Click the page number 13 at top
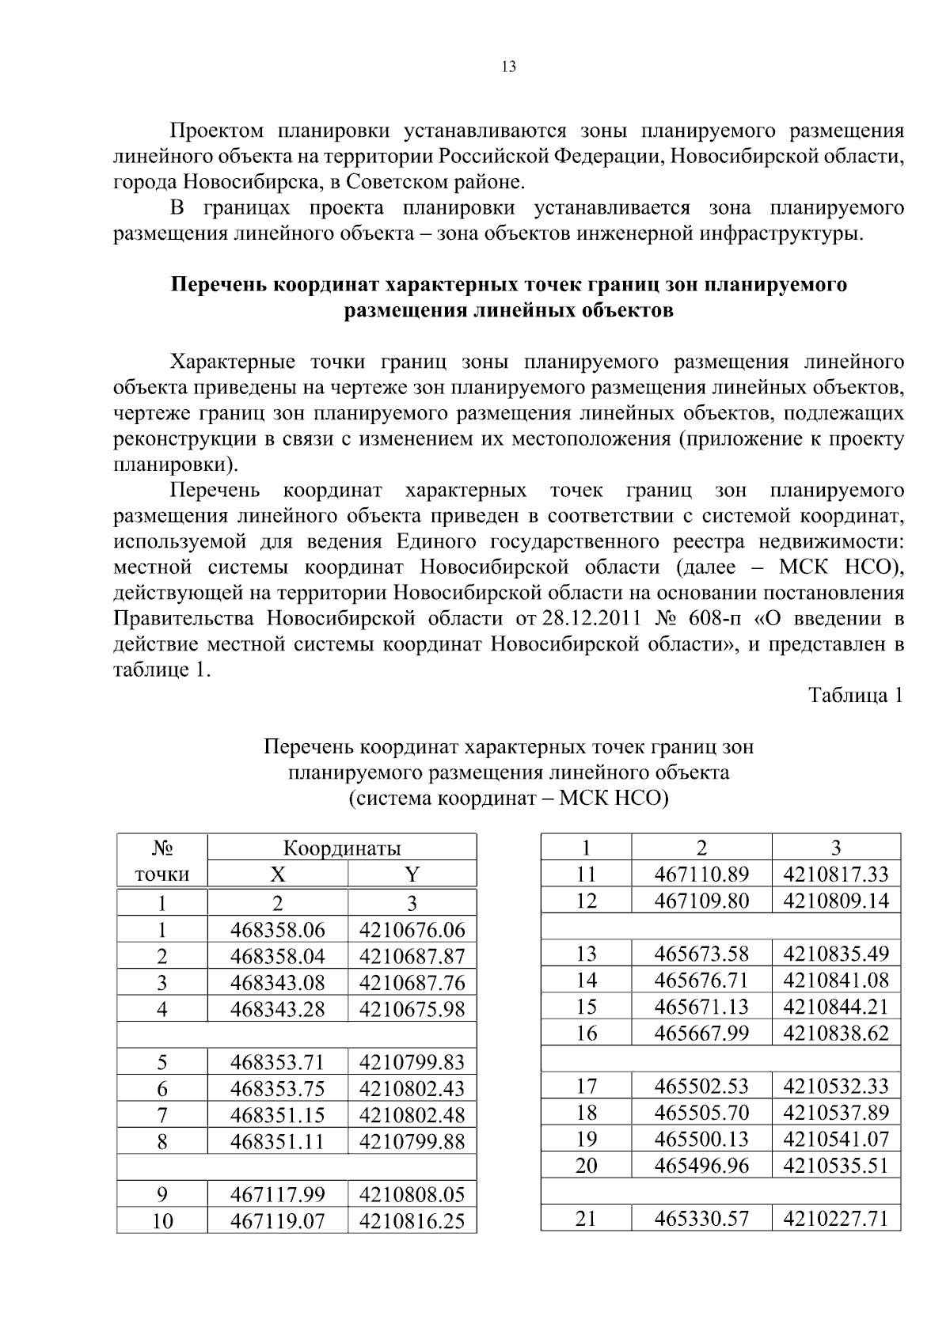click(508, 67)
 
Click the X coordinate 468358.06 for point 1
click(277, 929)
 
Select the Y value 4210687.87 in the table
click(412, 956)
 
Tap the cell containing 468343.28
click(277, 1009)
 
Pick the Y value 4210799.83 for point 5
click(412, 1062)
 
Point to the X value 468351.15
click(277, 1115)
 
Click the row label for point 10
click(162, 1221)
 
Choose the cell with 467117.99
click(277, 1194)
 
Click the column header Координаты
click(342, 848)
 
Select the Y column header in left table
click(412, 874)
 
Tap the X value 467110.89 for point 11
click(701, 874)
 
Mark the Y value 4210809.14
click(836, 901)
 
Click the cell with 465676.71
click(701, 981)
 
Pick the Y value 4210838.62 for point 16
click(836, 1033)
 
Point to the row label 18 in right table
click(586, 1113)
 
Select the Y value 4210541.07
click(836, 1139)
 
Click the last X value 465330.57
click(701, 1219)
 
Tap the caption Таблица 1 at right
click(855, 696)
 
